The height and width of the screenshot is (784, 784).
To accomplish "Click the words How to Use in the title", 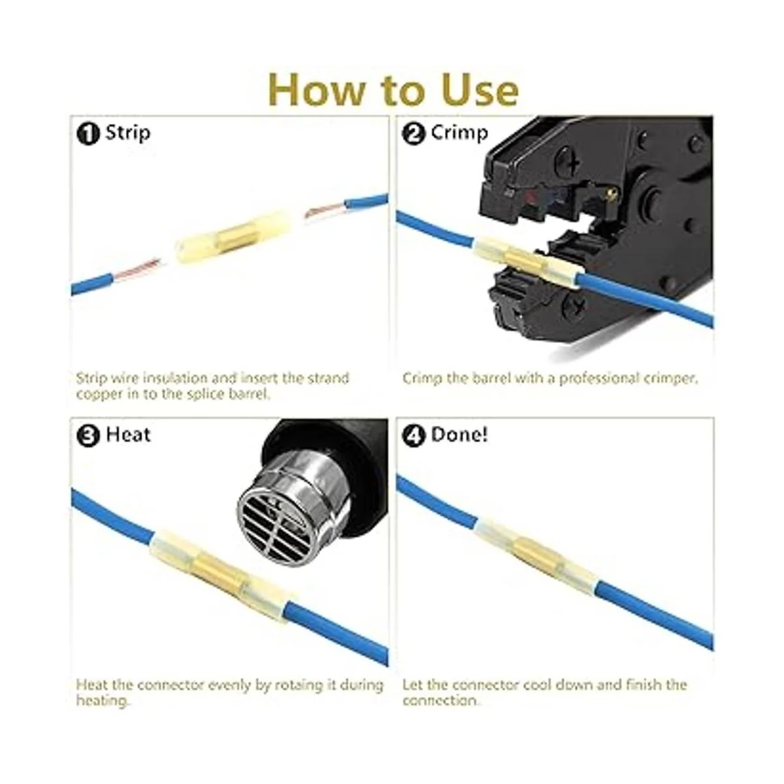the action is coord(393,90).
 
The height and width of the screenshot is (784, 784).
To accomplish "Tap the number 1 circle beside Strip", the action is coord(88,134).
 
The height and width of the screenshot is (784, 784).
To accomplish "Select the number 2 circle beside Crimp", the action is coord(414,134).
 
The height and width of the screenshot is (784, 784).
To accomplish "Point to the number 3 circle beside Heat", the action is coord(88,436).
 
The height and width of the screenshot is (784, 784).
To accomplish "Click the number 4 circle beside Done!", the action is coord(414,436).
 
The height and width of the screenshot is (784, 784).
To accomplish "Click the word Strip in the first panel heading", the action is coord(128,133).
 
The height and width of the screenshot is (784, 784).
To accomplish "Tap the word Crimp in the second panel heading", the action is coord(459,133).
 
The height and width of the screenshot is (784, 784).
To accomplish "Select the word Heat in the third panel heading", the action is coord(128,435).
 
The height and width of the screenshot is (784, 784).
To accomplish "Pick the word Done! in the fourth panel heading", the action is coord(459,435).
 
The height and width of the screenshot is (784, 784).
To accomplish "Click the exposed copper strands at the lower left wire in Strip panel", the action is coord(140,268).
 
